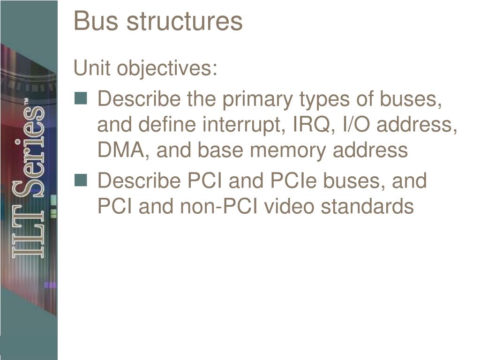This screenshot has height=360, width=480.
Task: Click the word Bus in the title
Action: pos(92,21)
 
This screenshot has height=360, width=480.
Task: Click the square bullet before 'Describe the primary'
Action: pos(81,98)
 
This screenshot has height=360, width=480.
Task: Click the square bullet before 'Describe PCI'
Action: pos(81,180)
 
